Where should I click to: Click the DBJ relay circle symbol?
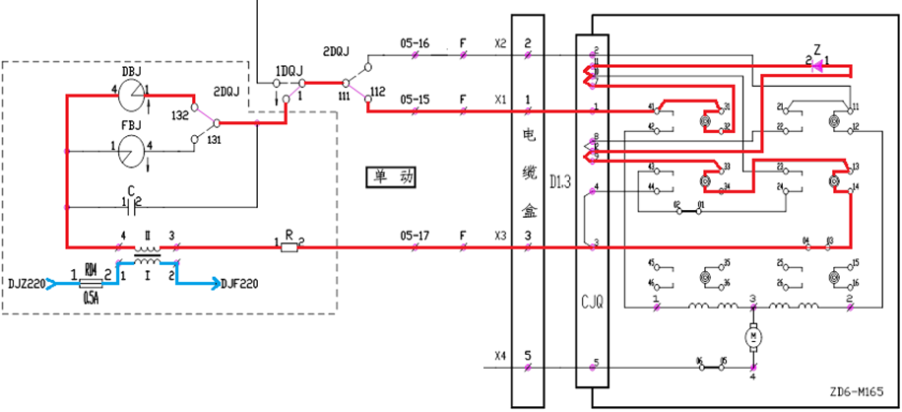(132, 96)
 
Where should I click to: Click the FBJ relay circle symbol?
(132, 151)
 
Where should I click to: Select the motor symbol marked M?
(754, 338)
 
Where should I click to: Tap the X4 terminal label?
(500, 356)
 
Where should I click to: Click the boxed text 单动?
(391, 177)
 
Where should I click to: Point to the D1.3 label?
(559, 181)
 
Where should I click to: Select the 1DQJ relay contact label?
(289, 71)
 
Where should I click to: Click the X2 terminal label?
(500, 44)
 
